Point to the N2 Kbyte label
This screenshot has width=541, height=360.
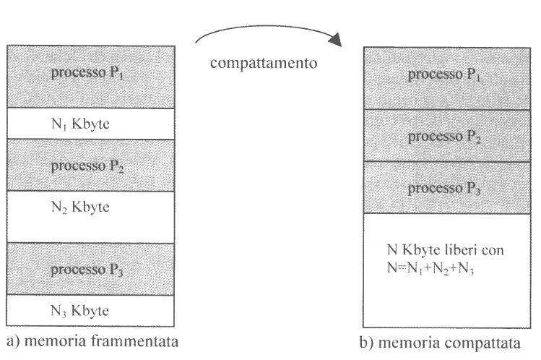[x=80, y=208]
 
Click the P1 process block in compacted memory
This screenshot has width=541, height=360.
[x=443, y=77]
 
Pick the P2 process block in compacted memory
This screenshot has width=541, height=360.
[x=443, y=135]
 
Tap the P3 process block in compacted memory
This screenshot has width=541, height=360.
[x=443, y=187]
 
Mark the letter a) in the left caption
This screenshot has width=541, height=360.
[x=11, y=340]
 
